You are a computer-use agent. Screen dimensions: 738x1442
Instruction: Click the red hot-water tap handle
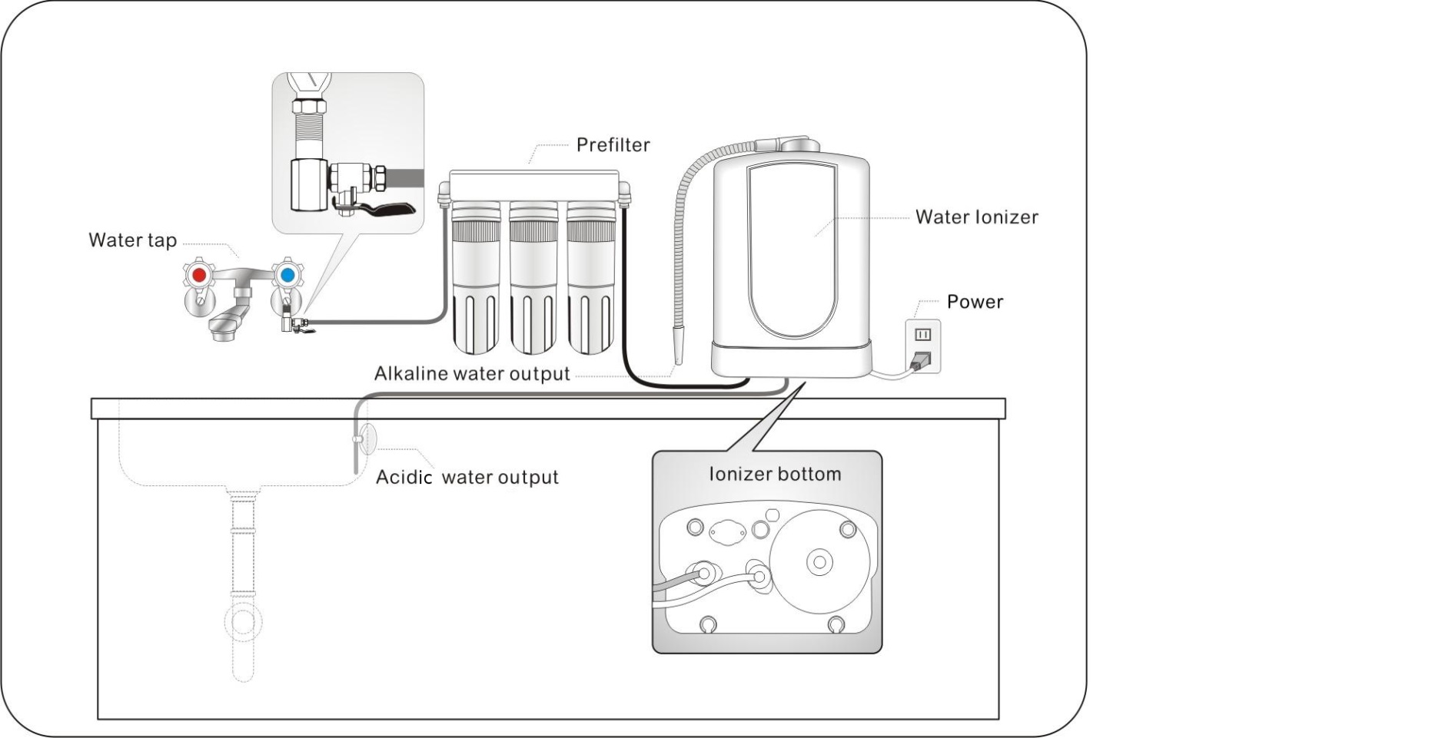click(199, 274)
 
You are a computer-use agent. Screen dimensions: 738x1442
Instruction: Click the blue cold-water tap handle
click(287, 274)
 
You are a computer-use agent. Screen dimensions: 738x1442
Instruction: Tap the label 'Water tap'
click(132, 240)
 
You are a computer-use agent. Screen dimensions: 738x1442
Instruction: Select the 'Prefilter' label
click(613, 145)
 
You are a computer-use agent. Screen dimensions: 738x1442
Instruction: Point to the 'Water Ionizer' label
click(976, 217)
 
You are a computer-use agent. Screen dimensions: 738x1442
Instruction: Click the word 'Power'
click(975, 302)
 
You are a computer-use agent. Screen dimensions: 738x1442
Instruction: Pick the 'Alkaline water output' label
click(472, 374)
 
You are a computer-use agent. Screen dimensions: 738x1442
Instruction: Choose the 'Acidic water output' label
click(467, 477)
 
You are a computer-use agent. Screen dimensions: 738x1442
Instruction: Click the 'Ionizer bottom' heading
click(774, 474)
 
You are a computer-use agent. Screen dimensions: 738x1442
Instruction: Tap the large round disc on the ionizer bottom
click(819, 561)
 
